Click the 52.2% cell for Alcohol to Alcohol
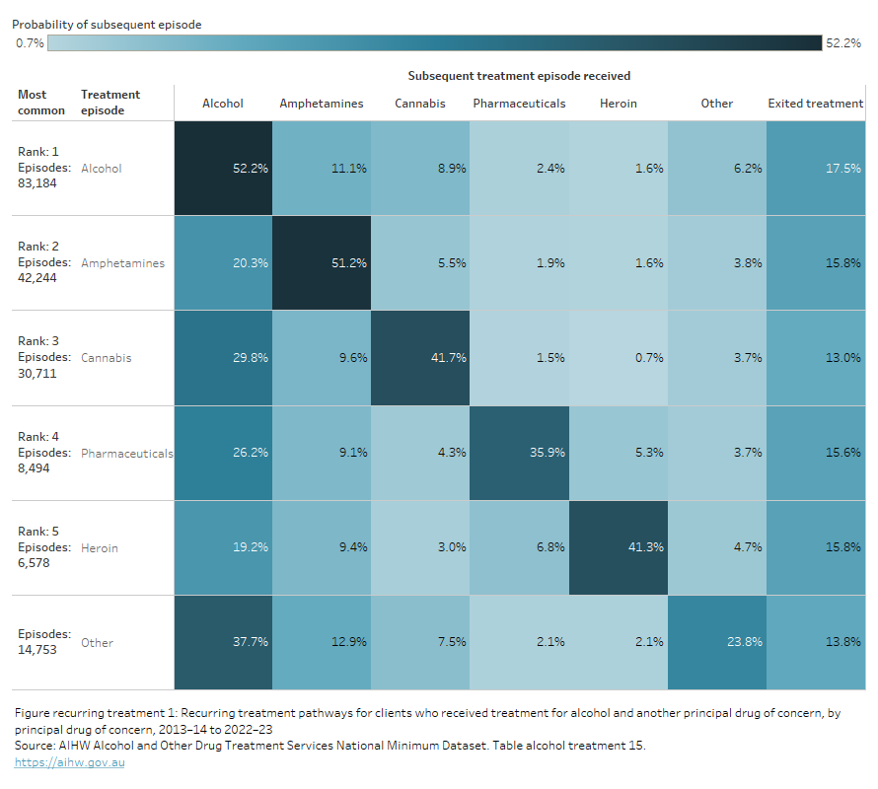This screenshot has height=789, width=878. pyautogui.click(x=223, y=169)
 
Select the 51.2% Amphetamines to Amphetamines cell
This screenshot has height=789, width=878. pyautogui.click(x=322, y=263)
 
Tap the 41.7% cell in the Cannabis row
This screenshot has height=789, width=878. pyautogui.click(x=420, y=358)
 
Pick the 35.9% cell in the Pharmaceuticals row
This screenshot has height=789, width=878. pyautogui.click(x=519, y=453)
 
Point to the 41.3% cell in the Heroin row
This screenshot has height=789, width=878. pyautogui.click(x=618, y=547)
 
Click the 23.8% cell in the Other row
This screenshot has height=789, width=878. pyautogui.click(x=716, y=642)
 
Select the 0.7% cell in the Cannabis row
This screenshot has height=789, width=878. pyautogui.click(x=618, y=358)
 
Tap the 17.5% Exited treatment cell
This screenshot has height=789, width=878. pyautogui.click(x=815, y=169)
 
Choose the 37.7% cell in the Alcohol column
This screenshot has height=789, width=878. pyautogui.click(x=223, y=642)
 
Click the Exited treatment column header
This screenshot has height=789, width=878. pyautogui.click(x=815, y=104)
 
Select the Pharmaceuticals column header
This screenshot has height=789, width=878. pyautogui.click(x=519, y=104)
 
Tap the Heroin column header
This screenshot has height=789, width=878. pyautogui.click(x=618, y=104)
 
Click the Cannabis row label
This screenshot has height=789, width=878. pyautogui.click(x=106, y=358)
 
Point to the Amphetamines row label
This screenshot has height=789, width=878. pyautogui.click(x=122, y=263)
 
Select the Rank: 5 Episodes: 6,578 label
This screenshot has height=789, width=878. pyautogui.click(x=44, y=547)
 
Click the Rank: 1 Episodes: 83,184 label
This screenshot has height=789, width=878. pyautogui.click(x=44, y=168)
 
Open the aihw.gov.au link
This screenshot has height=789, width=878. pyautogui.click(x=69, y=762)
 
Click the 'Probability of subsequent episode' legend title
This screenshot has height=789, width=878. pyautogui.click(x=107, y=23)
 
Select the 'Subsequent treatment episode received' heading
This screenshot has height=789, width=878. pyautogui.click(x=519, y=75)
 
